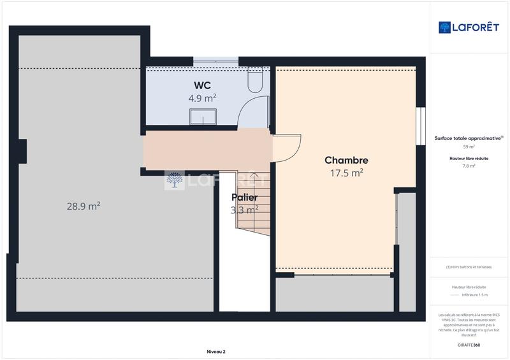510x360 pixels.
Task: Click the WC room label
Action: (x=203, y=85)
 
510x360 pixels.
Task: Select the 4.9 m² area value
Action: (x=202, y=98)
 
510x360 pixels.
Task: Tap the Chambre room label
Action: (x=346, y=160)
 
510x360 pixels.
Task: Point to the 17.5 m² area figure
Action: (x=346, y=173)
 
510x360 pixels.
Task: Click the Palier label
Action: (x=244, y=197)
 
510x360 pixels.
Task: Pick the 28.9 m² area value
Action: (x=84, y=206)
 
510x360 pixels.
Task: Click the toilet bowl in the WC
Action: (x=254, y=81)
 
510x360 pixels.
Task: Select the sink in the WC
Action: (x=203, y=117)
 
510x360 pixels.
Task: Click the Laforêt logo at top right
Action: (x=469, y=27)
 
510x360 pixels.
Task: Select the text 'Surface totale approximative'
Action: (x=468, y=138)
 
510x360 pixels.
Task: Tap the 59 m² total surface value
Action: (x=469, y=147)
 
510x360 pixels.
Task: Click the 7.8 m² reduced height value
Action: (x=469, y=166)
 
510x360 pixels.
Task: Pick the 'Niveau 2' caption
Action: (x=216, y=351)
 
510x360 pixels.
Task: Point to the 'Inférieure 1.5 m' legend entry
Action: (x=474, y=295)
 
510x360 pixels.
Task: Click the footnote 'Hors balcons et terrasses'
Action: (x=469, y=267)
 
